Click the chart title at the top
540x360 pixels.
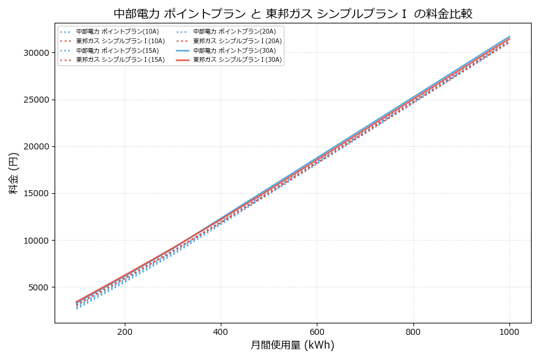(293, 13)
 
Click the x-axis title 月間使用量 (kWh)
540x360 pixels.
(292, 345)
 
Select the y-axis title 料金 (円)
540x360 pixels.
(13, 173)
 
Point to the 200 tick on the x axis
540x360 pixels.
(125, 331)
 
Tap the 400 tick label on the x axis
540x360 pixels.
(221, 331)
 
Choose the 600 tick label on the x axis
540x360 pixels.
(317, 331)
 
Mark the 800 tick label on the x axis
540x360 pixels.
(413, 331)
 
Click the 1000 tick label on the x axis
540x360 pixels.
(509, 331)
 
